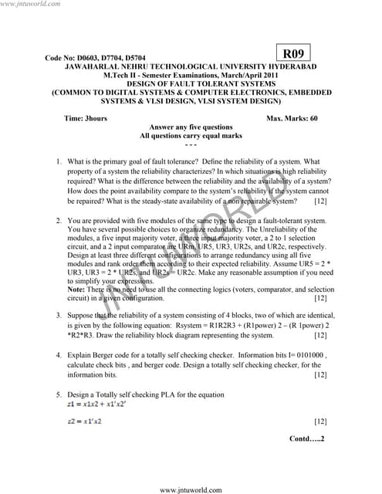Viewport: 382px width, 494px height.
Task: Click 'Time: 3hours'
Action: tap(86, 119)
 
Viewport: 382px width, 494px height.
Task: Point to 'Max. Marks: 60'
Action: tap(292, 119)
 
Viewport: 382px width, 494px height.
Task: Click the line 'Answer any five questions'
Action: tap(191, 127)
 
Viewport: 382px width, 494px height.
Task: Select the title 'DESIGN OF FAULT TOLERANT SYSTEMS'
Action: tap(191, 83)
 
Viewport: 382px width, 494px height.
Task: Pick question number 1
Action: tap(59, 162)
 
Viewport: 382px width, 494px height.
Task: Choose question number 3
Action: tap(59, 315)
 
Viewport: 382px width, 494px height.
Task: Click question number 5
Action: tap(59, 394)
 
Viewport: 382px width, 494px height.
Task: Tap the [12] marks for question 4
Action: tap(321, 375)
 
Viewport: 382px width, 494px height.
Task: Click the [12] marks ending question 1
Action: tap(321, 201)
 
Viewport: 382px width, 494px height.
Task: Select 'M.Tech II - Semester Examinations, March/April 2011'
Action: tap(191, 76)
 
